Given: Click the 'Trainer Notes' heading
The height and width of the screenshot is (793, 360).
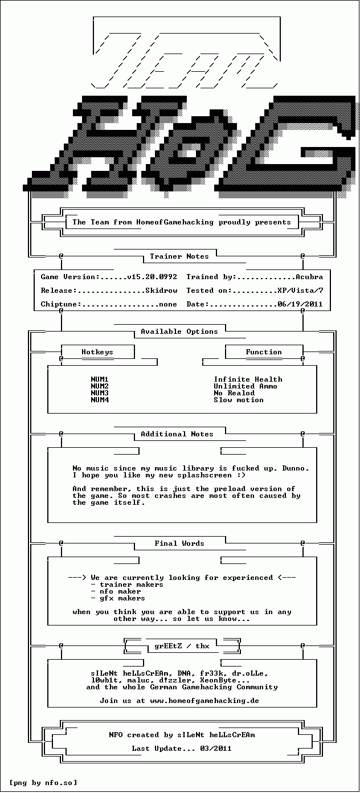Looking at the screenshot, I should [x=179, y=256].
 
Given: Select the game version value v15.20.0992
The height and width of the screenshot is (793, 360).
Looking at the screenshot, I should [x=152, y=277].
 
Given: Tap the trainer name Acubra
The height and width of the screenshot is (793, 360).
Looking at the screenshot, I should [x=309, y=277].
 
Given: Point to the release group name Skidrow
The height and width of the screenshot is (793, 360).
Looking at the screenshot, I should [x=161, y=291].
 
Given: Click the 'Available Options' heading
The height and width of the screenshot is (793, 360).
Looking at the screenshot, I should [x=179, y=332].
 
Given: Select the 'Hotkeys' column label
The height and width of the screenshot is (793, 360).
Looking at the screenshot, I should [x=97, y=352].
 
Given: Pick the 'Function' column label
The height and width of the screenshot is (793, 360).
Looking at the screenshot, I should [x=264, y=352].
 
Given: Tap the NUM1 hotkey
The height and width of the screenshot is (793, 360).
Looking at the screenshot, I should [x=100, y=379].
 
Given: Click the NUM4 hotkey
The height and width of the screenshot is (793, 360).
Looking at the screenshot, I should [x=100, y=400].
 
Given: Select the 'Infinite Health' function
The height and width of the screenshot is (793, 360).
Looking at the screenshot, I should [x=248, y=379].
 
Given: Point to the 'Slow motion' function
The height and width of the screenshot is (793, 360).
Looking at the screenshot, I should [x=239, y=400].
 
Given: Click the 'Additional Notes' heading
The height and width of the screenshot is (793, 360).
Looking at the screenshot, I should [x=177, y=434].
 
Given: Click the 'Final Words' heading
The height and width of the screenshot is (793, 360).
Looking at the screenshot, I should [x=179, y=543].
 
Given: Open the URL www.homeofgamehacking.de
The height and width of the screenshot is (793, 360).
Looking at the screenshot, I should [x=204, y=701].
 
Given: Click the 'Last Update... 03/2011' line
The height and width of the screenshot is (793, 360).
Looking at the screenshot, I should [x=182, y=749].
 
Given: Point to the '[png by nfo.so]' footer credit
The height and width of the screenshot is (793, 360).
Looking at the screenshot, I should [x=43, y=783].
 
